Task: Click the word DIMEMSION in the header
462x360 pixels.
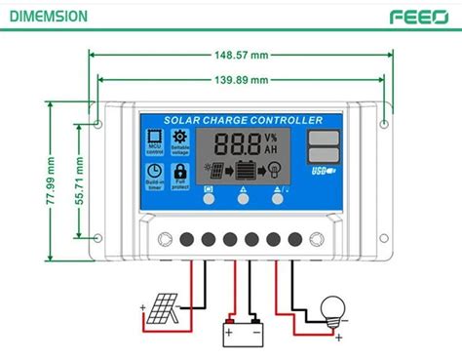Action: click(47, 17)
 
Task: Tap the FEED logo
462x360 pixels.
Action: click(418, 17)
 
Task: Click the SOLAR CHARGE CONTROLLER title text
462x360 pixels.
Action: click(243, 120)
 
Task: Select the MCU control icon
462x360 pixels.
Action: click(154, 140)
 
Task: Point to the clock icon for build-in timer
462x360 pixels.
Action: click(154, 173)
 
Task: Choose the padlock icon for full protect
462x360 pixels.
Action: click(179, 173)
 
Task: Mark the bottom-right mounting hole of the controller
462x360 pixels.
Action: click(386, 237)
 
